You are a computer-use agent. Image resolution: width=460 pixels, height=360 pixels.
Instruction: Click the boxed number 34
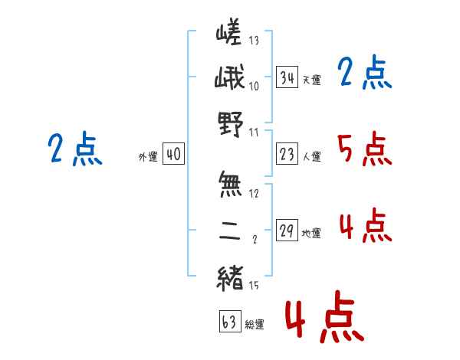tap(287, 77)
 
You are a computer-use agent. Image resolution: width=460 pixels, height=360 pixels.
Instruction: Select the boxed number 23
tap(287, 155)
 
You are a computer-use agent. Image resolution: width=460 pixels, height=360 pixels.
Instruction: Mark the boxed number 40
tap(173, 155)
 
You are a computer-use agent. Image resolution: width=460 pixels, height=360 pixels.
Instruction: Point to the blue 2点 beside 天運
tap(365, 74)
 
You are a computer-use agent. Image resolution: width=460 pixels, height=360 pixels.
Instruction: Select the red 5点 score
tap(365, 149)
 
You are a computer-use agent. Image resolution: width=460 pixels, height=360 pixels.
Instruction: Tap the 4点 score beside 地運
tap(365, 226)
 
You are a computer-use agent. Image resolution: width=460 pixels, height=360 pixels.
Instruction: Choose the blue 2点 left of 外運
tap(74, 148)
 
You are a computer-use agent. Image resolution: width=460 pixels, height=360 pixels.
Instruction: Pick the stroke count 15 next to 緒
tap(255, 286)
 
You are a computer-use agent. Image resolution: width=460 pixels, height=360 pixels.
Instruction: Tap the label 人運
tap(311, 157)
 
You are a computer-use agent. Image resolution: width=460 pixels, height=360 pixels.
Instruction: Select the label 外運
tap(147, 157)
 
